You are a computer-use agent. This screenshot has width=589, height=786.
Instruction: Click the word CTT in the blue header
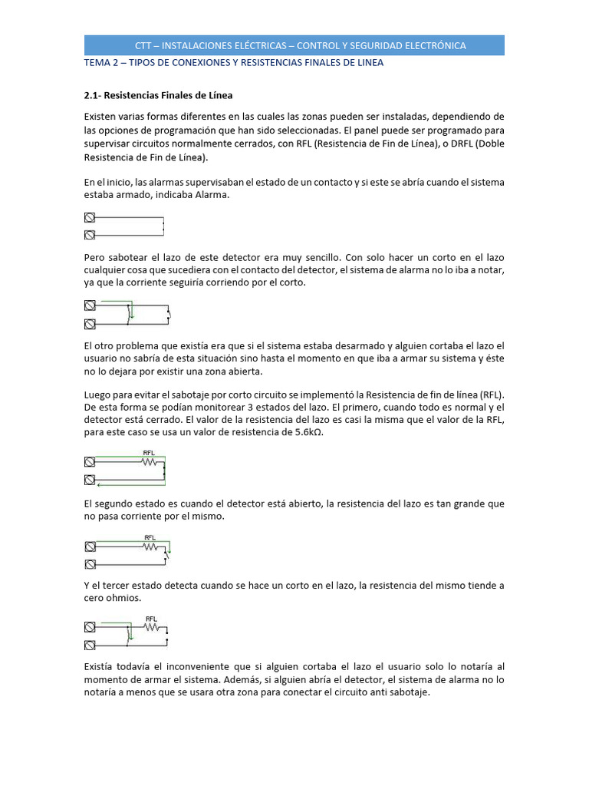click(x=143, y=45)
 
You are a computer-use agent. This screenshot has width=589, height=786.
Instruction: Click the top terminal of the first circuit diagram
click(x=90, y=218)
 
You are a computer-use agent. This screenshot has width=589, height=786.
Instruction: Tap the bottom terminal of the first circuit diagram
click(x=90, y=235)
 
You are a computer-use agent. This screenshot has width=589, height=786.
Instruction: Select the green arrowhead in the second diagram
click(x=132, y=315)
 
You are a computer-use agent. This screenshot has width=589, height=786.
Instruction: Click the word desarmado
click(x=344, y=346)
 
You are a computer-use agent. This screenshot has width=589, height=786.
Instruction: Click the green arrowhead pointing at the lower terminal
click(x=99, y=484)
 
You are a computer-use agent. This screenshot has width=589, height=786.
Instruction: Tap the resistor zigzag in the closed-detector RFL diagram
click(x=150, y=462)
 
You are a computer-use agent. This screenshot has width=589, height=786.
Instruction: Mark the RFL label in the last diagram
click(x=151, y=619)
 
